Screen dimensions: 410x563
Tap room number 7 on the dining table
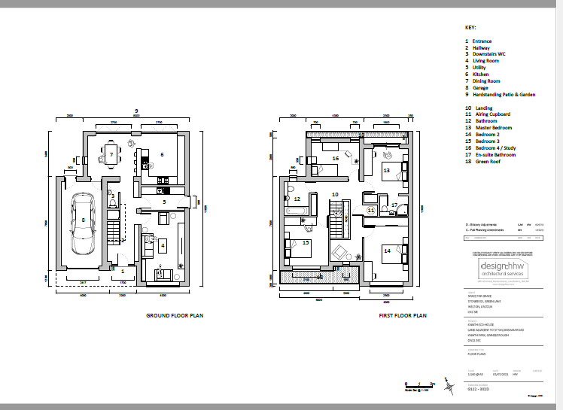coord(111,155)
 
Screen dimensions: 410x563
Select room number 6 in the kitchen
coord(161,154)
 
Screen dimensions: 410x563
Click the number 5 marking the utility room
coord(162,202)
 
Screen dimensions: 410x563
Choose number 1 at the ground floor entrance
coord(113,269)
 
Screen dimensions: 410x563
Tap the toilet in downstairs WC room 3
coord(112,203)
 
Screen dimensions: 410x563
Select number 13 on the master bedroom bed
coord(386,171)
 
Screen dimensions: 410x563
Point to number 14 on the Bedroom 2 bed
coord(387,250)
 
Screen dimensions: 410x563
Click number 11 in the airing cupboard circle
coord(370,210)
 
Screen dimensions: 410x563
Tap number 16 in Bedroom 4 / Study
coord(335,159)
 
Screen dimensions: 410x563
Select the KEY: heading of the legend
coord(471,27)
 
